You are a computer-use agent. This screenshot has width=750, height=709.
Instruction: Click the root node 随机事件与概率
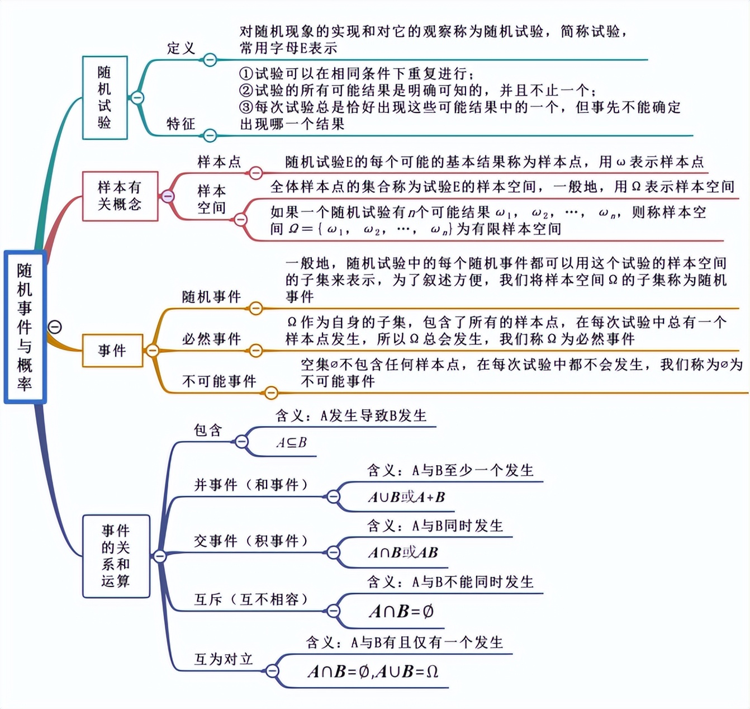(x=25, y=327)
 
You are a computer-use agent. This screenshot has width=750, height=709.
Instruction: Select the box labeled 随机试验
(x=105, y=97)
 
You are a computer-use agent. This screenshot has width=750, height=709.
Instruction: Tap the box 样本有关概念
(x=120, y=196)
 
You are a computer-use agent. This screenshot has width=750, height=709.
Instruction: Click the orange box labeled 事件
(x=112, y=351)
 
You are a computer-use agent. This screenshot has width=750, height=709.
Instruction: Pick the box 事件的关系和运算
(x=116, y=556)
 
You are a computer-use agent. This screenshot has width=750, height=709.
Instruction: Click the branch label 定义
(x=181, y=48)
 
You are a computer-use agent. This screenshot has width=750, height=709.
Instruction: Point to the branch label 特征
(x=181, y=124)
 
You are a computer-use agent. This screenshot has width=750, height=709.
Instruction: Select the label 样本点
(x=219, y=162)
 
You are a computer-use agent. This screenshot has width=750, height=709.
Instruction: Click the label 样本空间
(x=211, y=199)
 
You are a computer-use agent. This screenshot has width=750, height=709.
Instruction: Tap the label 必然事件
(x=211, y=339)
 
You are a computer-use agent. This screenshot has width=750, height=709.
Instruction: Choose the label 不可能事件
(x=219, y=381)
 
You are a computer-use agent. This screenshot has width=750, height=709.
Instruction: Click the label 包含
(x=208, y=430)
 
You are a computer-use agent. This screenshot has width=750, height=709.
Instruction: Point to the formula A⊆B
(x=291, y=443)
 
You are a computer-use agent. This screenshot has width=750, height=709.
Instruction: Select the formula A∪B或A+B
(x=406, y=497)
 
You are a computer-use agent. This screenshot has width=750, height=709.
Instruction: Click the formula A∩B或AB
(x=402, y=553)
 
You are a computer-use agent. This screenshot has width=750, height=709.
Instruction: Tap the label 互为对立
(x=224, y=659)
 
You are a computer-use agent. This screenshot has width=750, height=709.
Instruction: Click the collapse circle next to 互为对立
(x=272, y=670)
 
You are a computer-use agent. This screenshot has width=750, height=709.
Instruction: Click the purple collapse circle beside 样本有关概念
(x=167, y=196)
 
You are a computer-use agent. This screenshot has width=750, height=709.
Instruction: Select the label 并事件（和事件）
(x=251, y=485)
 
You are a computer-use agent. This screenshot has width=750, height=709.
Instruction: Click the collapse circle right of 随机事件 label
(x=255, y=308)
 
